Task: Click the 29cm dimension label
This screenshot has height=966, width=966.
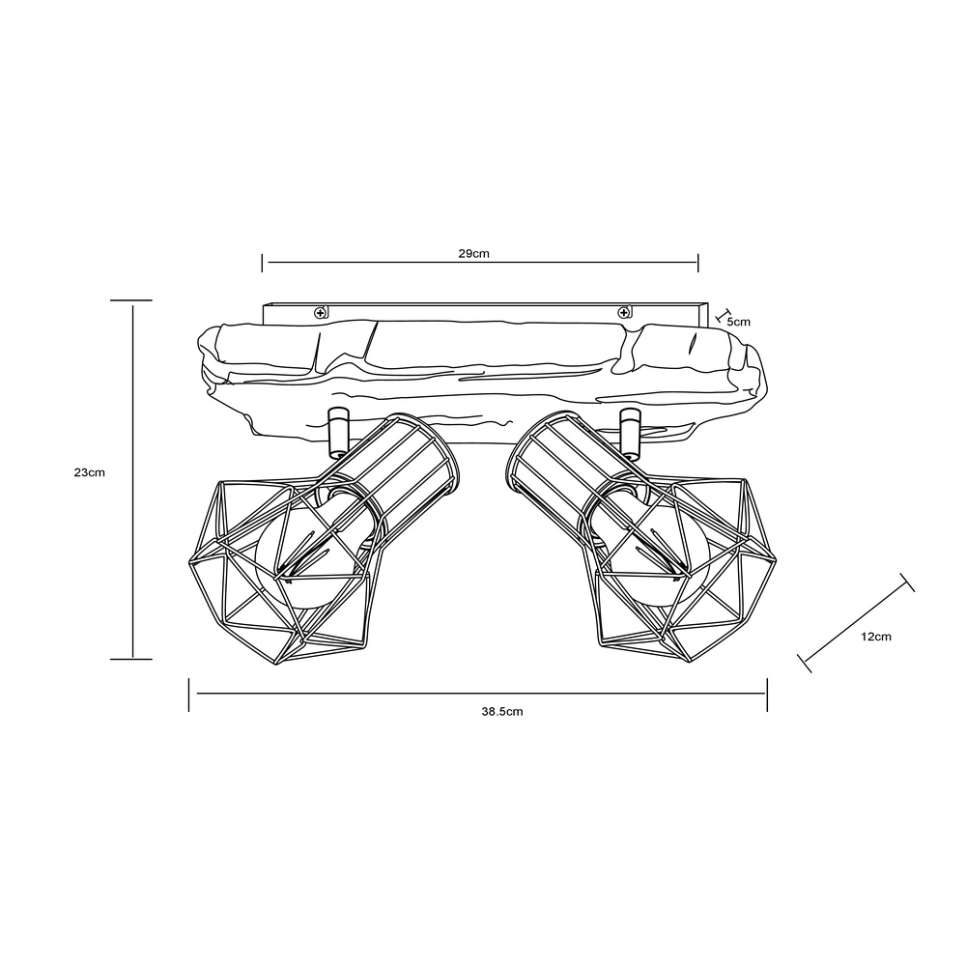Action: click(x=473, y=253)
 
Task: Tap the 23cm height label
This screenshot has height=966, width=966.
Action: click(x=89, y=472)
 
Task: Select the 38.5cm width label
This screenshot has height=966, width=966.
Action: click(x=502, y=712)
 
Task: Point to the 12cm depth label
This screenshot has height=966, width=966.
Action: click(x=876, y=637)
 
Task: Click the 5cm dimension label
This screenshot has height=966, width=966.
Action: click(x=739, y=322)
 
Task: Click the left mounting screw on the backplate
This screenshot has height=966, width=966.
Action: click(x=321, y=313)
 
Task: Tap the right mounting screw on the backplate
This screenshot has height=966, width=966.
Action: click(x=624, y=313)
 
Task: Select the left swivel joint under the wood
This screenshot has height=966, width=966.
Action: click(x=337, y=433)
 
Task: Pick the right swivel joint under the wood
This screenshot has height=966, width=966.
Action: click(x=630, y=433)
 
